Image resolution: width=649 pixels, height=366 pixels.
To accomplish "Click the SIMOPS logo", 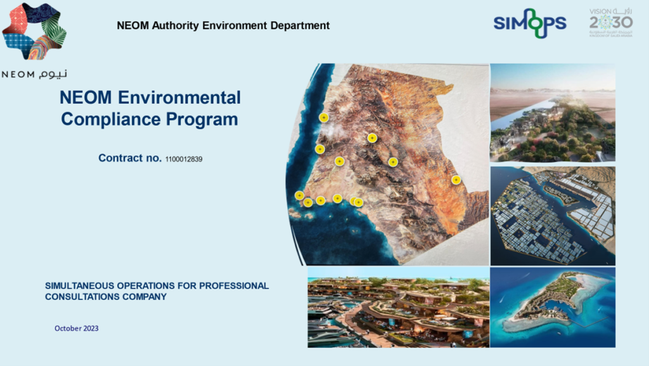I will [x=530, y=23].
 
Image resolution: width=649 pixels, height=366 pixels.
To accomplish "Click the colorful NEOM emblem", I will [x=34, y=32].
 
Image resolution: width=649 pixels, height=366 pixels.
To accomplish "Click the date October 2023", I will [x=76, y=329].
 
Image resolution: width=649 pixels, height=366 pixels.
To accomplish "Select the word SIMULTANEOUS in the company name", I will [x=79, y=286].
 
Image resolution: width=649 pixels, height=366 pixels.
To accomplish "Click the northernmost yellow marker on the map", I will [x=323, y=117].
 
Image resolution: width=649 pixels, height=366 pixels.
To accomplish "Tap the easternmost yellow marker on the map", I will [x=456, y=180].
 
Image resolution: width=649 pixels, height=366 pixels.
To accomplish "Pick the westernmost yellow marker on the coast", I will [x=299, y=195].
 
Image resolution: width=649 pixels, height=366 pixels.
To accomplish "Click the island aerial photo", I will [x=552, y=307].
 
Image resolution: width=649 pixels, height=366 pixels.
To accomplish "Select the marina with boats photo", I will [x=398, y=307].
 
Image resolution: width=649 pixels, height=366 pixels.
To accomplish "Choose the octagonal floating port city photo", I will [x=552, y=216].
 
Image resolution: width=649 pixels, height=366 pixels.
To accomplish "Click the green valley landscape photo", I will [x=552, y=113].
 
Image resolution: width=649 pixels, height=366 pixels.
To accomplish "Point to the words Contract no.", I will [x=130, y=158].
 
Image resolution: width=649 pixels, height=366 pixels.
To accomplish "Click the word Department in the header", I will [x=301, y=26].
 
